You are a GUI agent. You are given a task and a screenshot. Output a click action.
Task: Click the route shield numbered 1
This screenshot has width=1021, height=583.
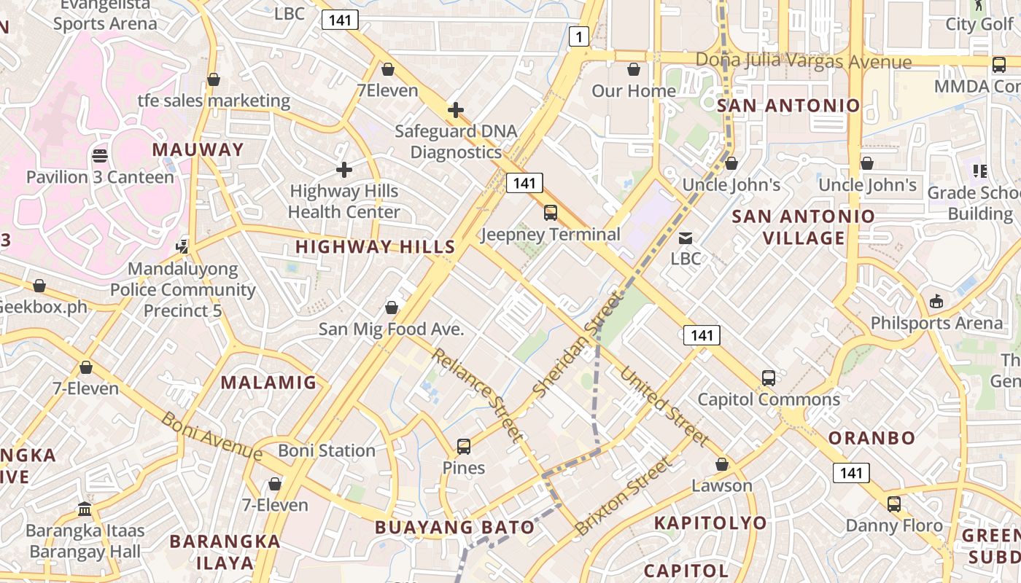tap(578, 36)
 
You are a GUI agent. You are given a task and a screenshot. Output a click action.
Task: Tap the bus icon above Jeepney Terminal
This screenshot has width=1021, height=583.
tap(551, 213)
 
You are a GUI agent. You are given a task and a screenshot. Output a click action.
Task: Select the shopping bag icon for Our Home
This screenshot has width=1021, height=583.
tap(634, 70)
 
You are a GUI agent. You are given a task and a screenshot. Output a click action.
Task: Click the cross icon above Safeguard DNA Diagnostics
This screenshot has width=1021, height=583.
tap(456, 110)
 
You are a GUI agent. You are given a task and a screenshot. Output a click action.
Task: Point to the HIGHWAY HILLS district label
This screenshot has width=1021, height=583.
tap(376, 247)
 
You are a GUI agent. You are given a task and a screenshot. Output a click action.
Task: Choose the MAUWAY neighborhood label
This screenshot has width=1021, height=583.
tap(198, 150)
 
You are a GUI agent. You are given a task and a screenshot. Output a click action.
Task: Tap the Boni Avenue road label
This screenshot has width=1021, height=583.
tap(211, 436)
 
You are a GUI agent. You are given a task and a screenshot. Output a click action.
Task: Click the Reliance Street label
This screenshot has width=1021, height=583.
tap(478, 395)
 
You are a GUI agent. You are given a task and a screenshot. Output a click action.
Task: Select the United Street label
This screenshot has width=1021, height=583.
tap(664, 405)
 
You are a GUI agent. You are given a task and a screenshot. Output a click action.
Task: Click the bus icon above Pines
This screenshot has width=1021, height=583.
tap(464, 447)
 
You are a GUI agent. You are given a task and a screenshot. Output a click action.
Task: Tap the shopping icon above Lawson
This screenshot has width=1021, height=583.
tap(722, 465)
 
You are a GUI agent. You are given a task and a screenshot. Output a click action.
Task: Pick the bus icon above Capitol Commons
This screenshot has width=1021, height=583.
tap(769, 378)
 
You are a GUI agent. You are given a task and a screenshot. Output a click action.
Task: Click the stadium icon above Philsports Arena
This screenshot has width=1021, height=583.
tap(936, 302)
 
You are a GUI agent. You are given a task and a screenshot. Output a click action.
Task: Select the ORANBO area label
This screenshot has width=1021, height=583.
tap(871, 438)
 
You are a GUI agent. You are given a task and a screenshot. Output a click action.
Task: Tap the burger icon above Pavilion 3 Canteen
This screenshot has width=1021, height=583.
tap(100, 156)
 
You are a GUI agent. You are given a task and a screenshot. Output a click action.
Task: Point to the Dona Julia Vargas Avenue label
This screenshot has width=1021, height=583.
tap(804, 61)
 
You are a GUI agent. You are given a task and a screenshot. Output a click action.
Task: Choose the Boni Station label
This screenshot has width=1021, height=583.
tap(327, 450)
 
